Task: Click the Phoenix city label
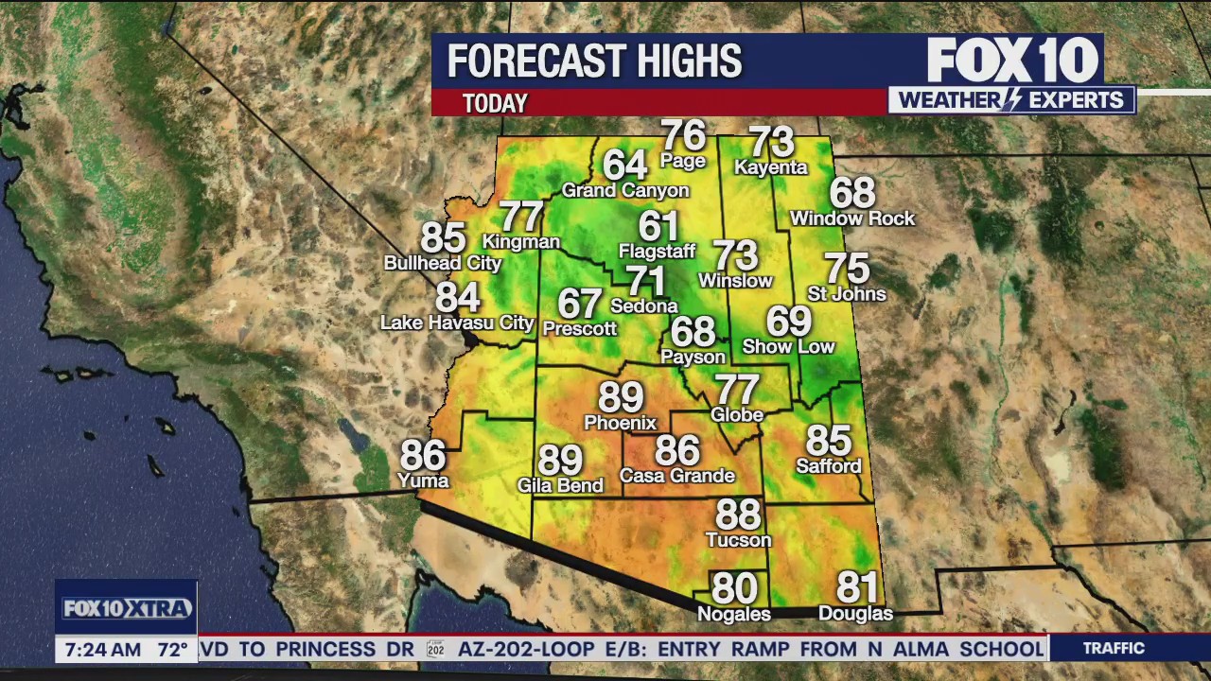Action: coord(620,423)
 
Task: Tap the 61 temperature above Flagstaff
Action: coord(658,227)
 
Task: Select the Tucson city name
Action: coord(738,540)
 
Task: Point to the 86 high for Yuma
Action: coord(423,456)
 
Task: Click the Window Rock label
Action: coord(852,218)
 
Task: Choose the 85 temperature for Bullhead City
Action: coord(443,238)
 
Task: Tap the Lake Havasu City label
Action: coord(457,323)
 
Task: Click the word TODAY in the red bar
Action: coord(495,103)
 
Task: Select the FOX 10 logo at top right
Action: coord(1012,61)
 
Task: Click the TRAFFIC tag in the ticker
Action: coord(1114,648)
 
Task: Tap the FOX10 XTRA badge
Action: coord(127,608)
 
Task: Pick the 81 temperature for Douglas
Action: coord(857,588)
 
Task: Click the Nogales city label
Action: coord(733,614)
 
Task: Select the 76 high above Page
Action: coord(683,135)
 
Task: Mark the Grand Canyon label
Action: coord(625,190)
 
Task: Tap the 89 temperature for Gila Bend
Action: coord(560,461)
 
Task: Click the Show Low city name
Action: coord(788,346)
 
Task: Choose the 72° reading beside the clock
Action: coord(172,650)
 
